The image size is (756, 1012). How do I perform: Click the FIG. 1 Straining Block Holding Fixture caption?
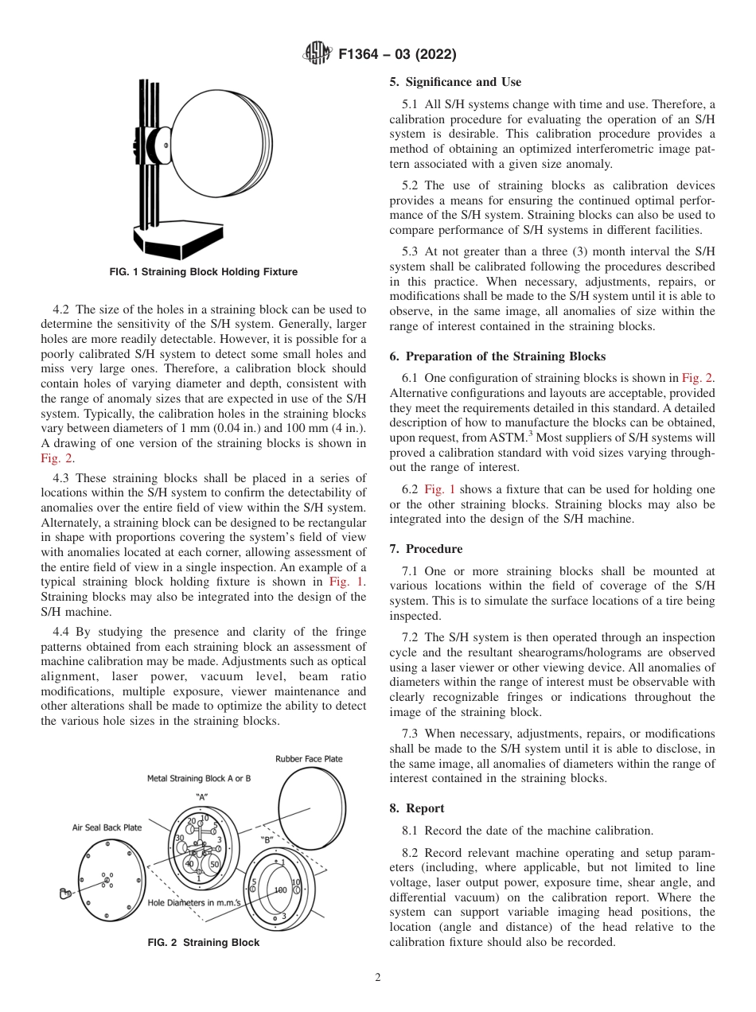pyautogui.click(x=204, y=272)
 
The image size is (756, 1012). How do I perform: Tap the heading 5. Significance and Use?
pyautogui.click(x=455, y=82)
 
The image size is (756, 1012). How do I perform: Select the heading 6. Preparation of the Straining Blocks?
pyautogui.click(x=497, y=356)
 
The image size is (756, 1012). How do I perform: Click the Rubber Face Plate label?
pyautogui.click(x=309, y=759)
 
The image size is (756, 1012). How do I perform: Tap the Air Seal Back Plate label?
pyautogui.click(x=107, y=827)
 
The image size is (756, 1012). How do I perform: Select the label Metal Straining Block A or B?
pyautogui.click(x=199, y=779)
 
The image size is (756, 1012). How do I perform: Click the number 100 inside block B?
pyautogui.click(x=280, y=889)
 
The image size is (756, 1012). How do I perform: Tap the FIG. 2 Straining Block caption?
pyautogui.click(x=204, y=943)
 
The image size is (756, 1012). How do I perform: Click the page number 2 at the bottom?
pyautogui.click(x=377, y=978)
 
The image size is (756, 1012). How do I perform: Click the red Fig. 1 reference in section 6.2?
pyautogui.click(x=438, y=490)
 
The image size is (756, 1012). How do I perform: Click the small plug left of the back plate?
pyautogui.click(x=65, y=894)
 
